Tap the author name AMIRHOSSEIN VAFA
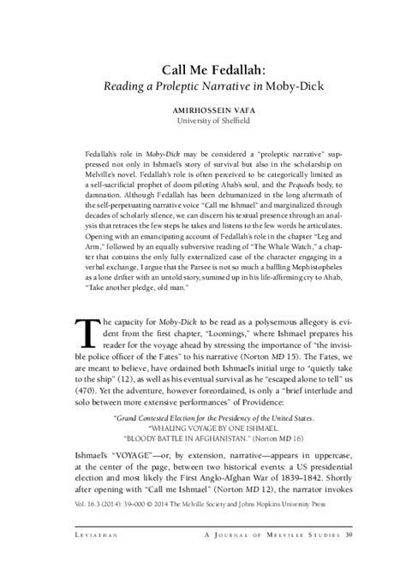[203, 111]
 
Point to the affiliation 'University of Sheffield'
[203, 122]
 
